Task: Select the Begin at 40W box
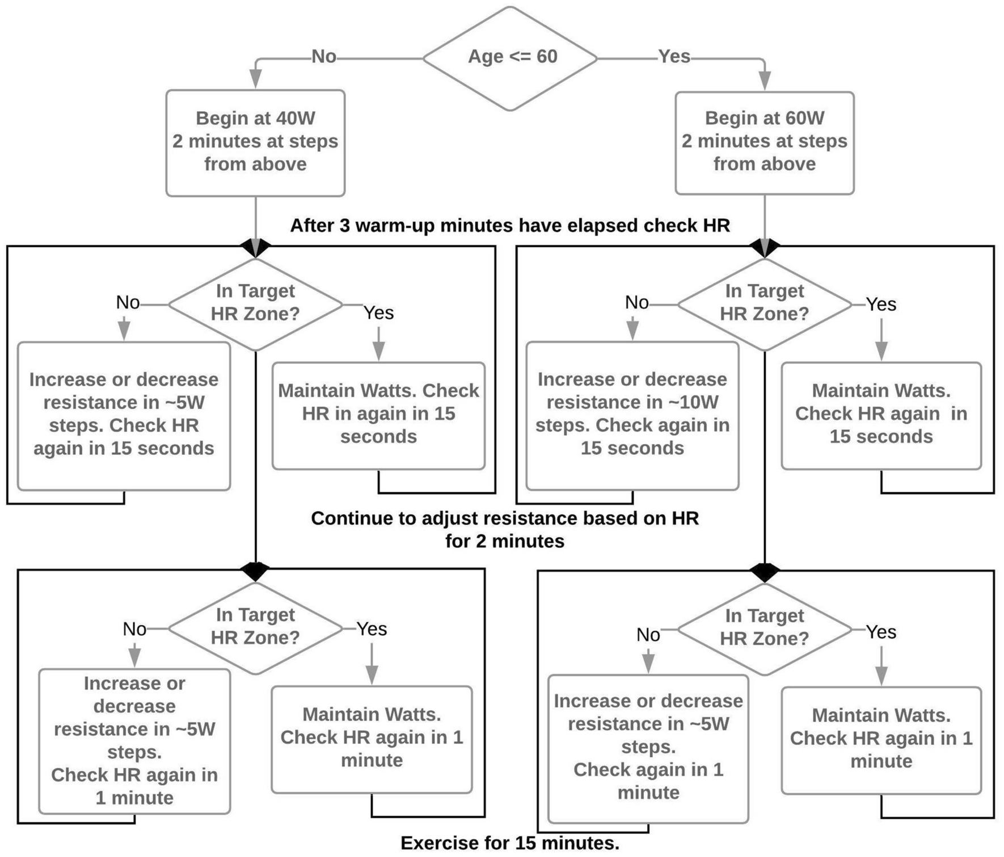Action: (x=255, y=142)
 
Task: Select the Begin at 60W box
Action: (x=764, y=142)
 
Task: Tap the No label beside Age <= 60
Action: (x=324, y=57)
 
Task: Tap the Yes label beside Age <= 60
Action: (x=674, y=57)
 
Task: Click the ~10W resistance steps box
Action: (x=632, y=415)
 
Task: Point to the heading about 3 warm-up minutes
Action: (x=509, y=226)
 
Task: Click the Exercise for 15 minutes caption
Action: (x=509, y=843)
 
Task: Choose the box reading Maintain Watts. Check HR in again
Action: (x=378, y=415)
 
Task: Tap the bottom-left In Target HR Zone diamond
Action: (x=255, y=627)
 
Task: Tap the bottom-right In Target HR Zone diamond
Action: (x=764, y=628)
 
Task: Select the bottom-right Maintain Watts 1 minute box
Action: (x=881, y=740)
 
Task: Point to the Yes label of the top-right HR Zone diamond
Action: (x=881, y=305)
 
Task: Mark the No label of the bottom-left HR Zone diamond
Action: (x=134, y=629)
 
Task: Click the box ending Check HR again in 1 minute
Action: (x=134, y=741)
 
